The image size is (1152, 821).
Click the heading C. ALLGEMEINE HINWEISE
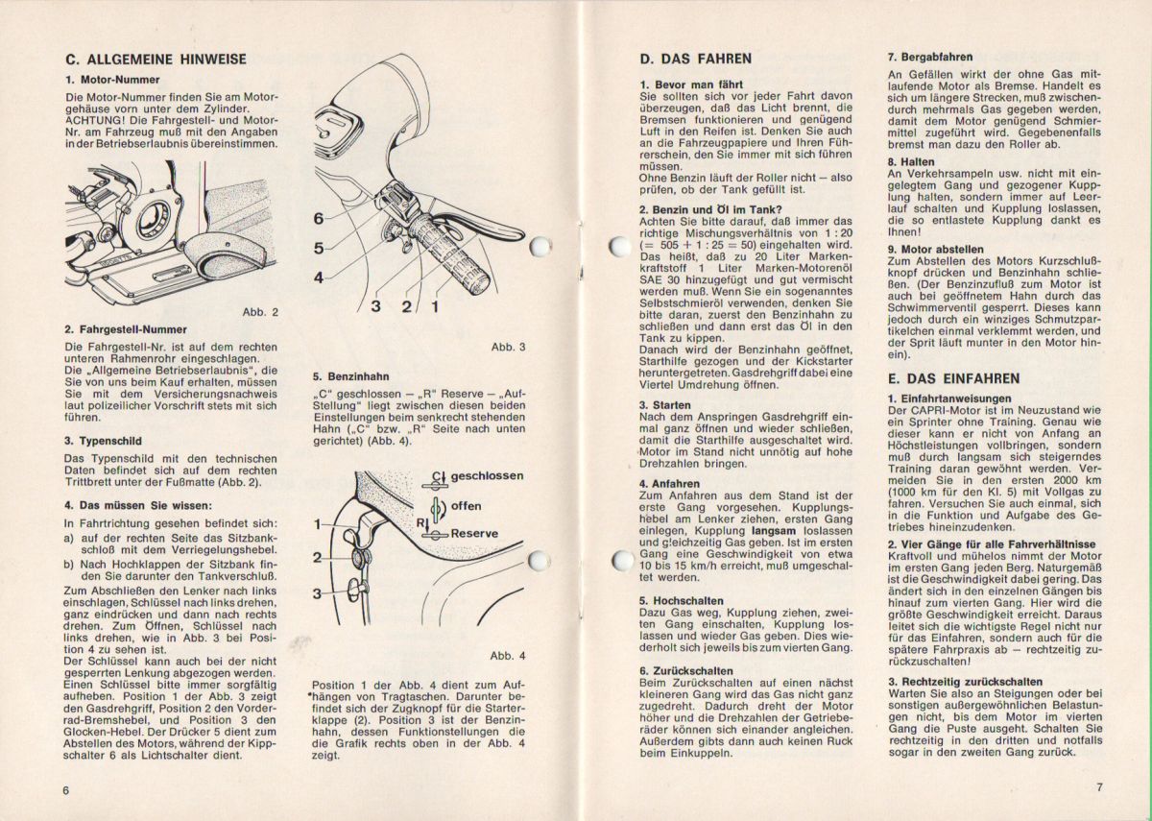[x=155, y=59]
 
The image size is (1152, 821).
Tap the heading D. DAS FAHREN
[x=696, y=59]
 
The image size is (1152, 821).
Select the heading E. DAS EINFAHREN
[x=953, y=378]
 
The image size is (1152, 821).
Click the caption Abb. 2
[x=260, y=312]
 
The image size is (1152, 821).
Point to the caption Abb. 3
[x=508, y=347]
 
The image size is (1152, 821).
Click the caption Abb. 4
[x=508, y=656]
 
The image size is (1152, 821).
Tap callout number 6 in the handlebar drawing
[x=319, y=218]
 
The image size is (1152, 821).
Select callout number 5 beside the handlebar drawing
[x=319, y=248]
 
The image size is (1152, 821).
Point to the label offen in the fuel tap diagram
[x=467, y=506]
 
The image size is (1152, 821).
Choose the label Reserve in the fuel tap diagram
[x=474, y=534]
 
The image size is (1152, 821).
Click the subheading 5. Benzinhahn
[x=350, y=377]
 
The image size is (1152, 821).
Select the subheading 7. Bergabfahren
[x=929, y=57]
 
